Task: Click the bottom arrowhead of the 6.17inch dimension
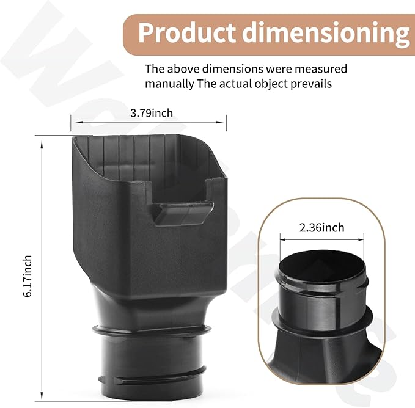(42, 400)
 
